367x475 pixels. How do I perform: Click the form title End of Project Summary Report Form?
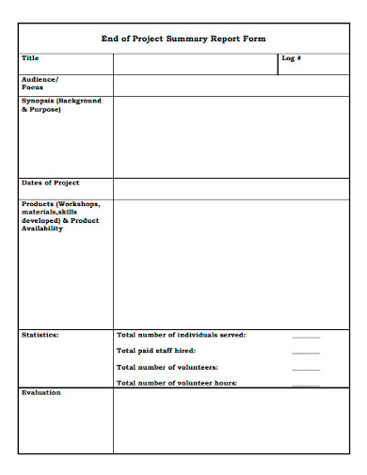coord(183,39)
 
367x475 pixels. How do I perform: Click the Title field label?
coord(31,58)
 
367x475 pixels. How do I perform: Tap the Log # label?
coord(291,58)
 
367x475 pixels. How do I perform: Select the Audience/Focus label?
coord(40,84)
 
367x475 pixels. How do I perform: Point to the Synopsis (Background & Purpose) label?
coord(61,104)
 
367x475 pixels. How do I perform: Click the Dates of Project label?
coord(50,182)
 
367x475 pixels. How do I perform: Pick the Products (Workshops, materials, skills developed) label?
coord(60,215)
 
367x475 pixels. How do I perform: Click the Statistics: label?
coord(40,335)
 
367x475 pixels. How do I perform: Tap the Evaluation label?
coord(41,392)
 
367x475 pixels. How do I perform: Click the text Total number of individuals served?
coord(181,335)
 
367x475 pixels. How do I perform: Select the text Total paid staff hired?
coord(156,351)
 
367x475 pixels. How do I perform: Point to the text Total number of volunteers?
coord(168,367)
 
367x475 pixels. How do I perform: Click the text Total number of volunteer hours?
coord(176,383)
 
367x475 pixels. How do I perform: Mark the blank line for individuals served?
coord(306,337)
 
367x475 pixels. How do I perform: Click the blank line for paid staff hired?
coord(306,353)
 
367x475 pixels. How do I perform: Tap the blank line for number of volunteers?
coord(306,369)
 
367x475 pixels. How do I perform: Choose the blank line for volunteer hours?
coord(306,385)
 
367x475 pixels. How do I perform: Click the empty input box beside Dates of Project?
coord(231,188)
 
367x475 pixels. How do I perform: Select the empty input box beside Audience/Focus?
coord(231,85)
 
